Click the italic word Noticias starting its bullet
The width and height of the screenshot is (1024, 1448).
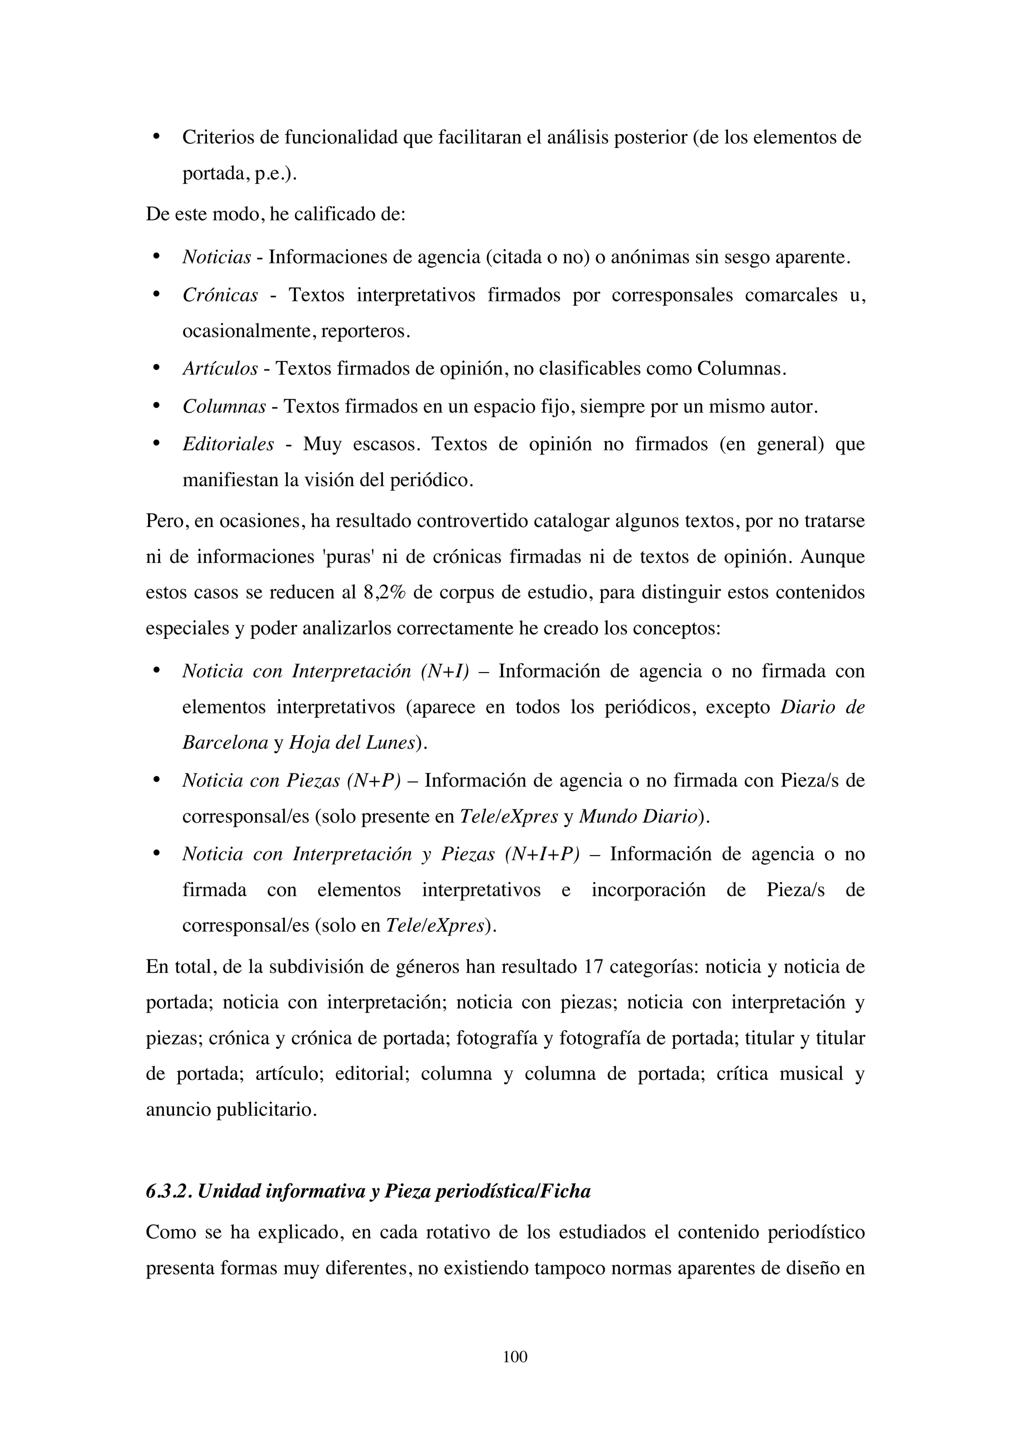(x=216, y=257)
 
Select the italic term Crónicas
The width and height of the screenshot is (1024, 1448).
(x=220, y=295)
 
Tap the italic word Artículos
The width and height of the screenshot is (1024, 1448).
(x=220, y=369)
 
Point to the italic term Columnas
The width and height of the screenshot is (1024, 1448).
(x=224, y=407)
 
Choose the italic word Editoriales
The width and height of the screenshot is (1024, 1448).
(x=228, y=444)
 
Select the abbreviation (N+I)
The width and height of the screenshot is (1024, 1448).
(x=444, y=671)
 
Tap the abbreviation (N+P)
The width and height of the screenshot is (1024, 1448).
(x=374, y=781)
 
